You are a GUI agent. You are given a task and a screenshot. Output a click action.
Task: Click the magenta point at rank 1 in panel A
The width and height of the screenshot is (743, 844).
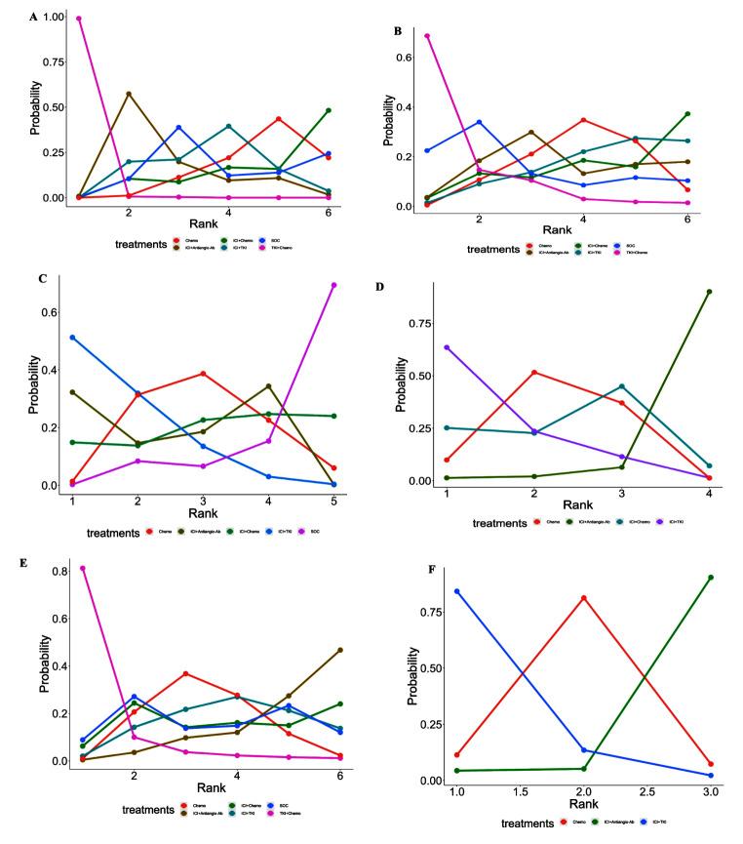coord(78,19)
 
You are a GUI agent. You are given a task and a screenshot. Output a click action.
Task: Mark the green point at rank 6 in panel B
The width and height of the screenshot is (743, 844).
coord(687,114)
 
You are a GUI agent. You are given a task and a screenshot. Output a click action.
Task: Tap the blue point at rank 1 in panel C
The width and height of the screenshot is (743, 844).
coord(72,338)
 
